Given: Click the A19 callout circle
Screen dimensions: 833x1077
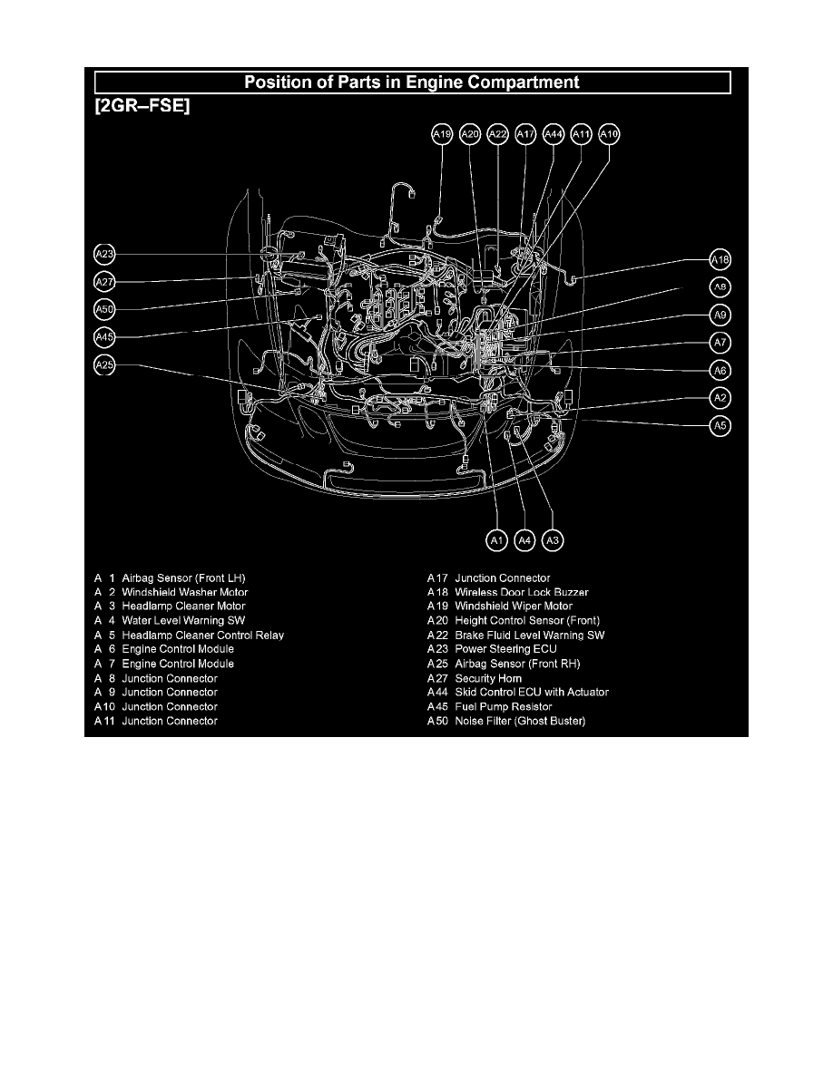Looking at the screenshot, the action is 442,134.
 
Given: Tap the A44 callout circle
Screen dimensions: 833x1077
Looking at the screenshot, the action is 554,134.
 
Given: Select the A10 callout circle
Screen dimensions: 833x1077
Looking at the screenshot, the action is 609,134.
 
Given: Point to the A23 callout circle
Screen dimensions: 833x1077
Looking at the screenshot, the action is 104,254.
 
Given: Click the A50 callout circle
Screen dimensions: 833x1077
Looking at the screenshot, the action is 104,310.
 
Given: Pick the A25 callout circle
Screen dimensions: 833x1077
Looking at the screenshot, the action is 104,364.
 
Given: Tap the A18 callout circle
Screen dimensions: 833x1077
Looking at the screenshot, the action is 720,259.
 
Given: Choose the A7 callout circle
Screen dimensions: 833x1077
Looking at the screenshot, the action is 720,342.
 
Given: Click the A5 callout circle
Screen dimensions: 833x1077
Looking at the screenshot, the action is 720,426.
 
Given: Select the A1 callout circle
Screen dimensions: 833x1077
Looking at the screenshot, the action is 497,540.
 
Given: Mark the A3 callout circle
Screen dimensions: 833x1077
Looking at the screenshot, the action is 553,540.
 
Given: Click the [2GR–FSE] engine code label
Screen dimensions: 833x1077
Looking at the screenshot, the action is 142,106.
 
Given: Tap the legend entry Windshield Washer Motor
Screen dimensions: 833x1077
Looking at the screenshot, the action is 185,592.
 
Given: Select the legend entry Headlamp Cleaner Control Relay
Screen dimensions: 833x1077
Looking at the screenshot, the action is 202,636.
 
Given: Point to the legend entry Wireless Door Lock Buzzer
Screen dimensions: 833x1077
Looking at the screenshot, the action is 522,592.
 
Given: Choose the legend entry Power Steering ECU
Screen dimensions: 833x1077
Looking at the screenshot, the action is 505,649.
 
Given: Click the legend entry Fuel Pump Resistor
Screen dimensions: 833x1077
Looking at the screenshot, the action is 504,707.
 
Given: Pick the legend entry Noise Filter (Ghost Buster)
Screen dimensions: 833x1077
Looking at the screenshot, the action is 520,722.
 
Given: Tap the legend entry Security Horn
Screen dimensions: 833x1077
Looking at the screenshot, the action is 489,679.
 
